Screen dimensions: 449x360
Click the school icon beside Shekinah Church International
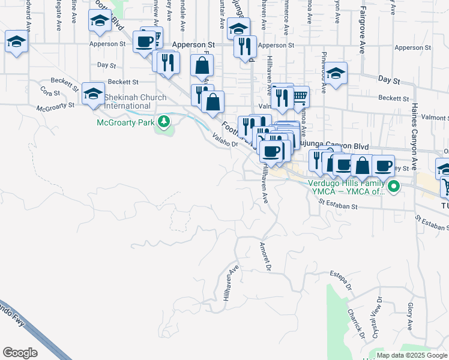(x=93, y=94)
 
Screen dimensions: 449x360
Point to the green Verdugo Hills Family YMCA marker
(x=394, y=187)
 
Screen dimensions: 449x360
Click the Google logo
(x=20, y=353)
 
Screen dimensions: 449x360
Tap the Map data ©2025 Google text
(x=412, y=355)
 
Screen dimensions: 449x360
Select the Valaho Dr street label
(x=225, y=140)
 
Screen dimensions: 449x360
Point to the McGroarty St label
(x=55, y=107)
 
